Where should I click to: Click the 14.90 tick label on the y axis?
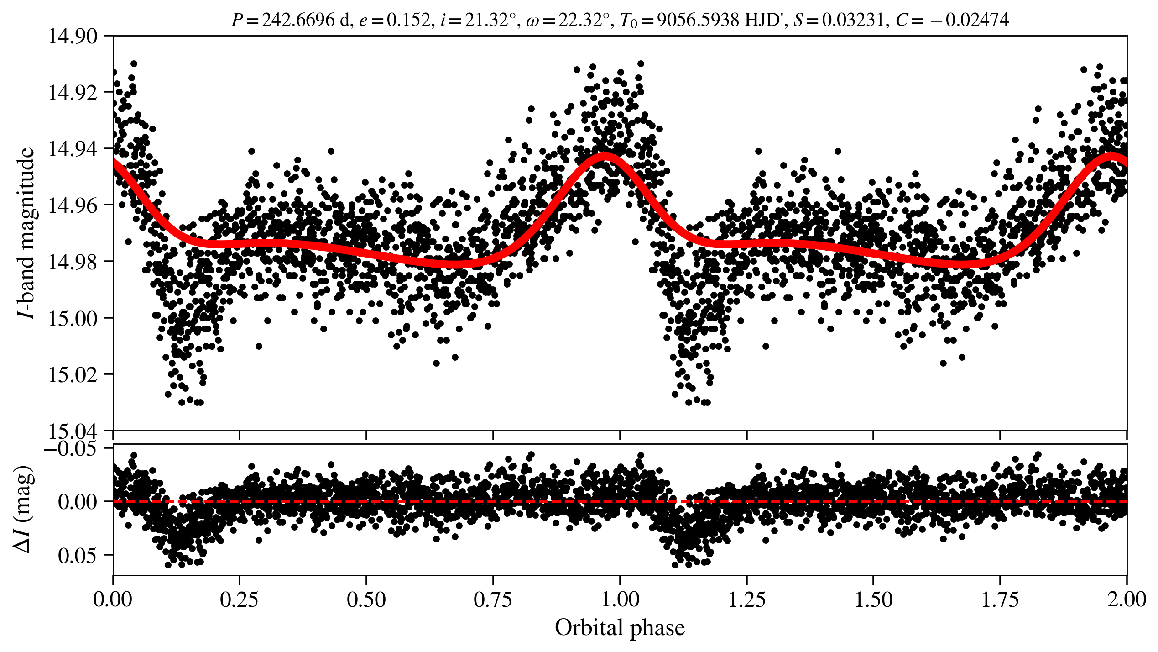(73, 37)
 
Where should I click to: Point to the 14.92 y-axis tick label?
(73, 93)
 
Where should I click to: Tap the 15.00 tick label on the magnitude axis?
(73, 318)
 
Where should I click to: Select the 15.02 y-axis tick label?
(73, 375)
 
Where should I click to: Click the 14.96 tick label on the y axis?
(73, 205)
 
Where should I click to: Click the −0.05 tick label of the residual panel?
(77, 448)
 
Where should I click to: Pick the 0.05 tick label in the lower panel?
(78, 556)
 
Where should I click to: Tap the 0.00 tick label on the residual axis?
(78, 502)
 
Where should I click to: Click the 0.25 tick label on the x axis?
(240, 599)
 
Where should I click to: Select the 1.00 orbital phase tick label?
(620, 599)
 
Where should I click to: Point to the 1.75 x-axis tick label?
(1000, 599)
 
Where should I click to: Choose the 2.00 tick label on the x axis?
(1126, 599)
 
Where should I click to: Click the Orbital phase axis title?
(620, 628)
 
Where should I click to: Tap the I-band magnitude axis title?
(26, 233)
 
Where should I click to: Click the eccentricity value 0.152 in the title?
(408, 20)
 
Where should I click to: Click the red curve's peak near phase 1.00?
(605, 157)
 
